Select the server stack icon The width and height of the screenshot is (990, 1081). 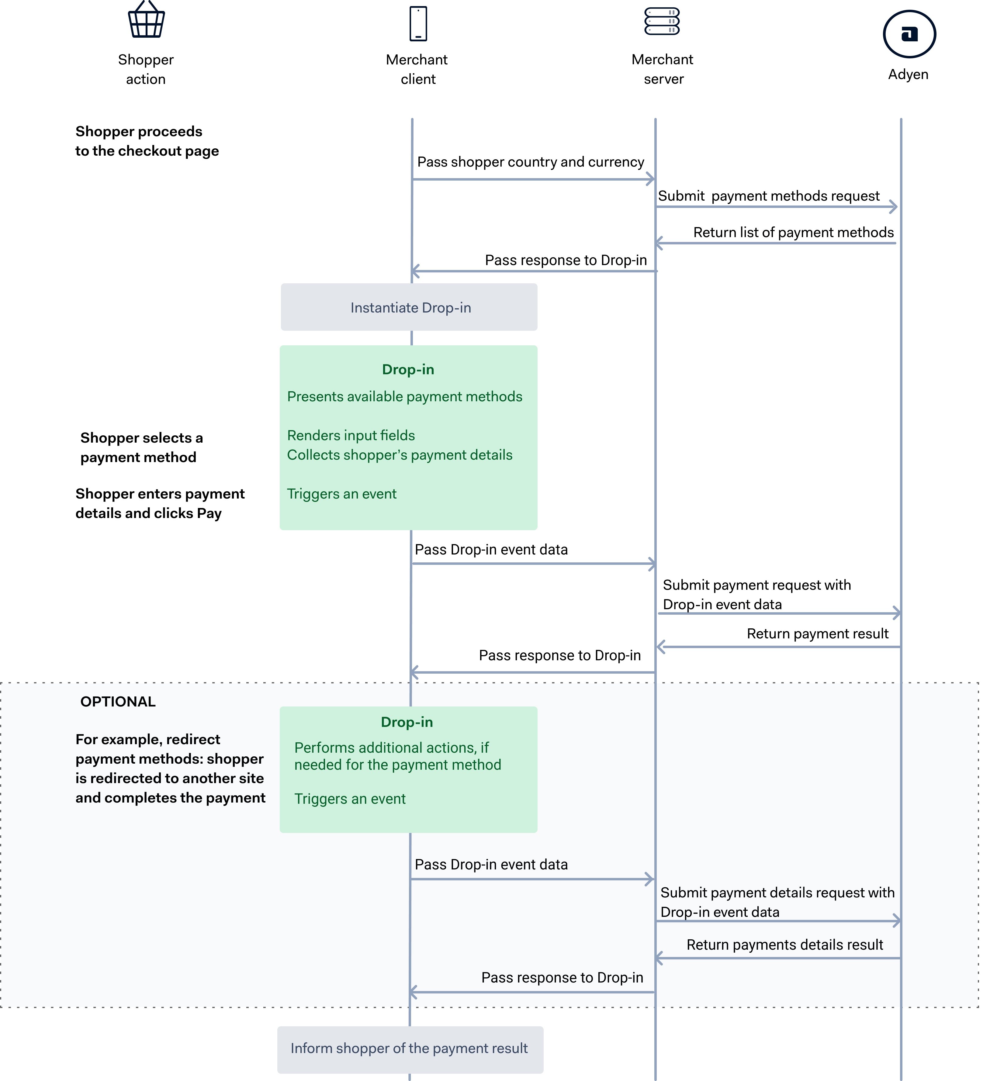coord(662,22)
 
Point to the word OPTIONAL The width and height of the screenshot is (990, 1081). coord(118,701)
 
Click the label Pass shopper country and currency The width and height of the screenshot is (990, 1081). coord(530,162)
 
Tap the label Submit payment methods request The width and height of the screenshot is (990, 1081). coord(769,196)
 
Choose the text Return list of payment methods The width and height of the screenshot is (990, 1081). coord(793,232)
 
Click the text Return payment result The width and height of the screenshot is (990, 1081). coord(817,634)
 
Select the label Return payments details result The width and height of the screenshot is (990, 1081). coord(784,945)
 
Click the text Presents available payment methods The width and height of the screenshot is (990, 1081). coord(404,397)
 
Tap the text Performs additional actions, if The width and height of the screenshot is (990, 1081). coord(392,748)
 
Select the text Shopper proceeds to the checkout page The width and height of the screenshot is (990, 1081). coord(147,141)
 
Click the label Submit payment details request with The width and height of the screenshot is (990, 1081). coord(777,893)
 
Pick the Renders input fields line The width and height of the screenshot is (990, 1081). coord(351,435)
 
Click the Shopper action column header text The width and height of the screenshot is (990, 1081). coord(146,69)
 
